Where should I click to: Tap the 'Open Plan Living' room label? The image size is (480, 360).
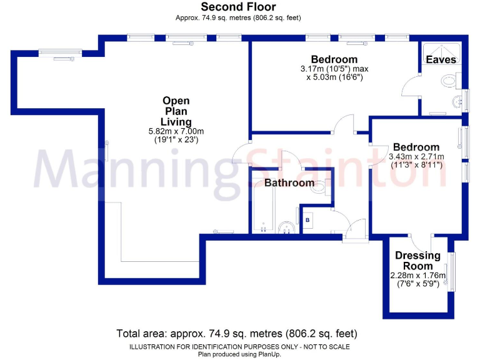(x=176, y=111)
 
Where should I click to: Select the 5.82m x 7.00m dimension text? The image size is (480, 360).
(x=176, y=131)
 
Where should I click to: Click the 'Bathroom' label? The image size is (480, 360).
(x=289, y=183)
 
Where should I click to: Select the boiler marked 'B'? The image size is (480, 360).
(x=307, y=220)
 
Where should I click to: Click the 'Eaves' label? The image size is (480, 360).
(x=441, y=59)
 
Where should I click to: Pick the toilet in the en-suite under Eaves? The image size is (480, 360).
(x=449, y=80)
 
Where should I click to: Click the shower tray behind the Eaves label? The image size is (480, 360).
(x=441, y=53)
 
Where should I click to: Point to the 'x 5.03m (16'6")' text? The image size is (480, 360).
(x=334, y=77)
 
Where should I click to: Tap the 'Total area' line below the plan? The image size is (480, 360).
(x=237, y=333)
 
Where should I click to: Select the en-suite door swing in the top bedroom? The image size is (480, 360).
(x=411, y=87)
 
